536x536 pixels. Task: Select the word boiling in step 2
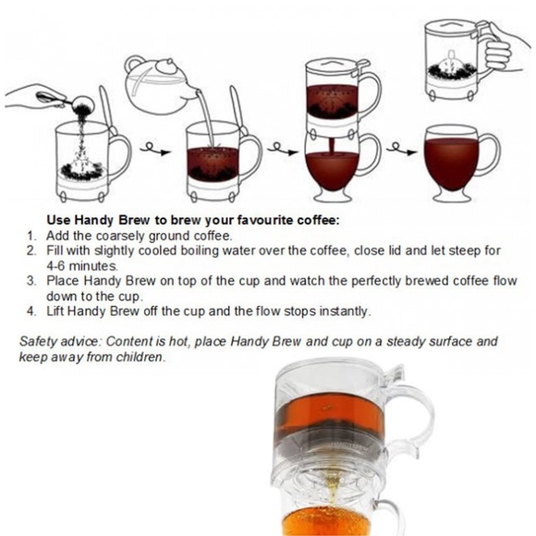click(x=209, y=250)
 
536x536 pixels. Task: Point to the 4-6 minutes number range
click(x=55, y=265)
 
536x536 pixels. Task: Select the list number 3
click(x=31, y=280)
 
